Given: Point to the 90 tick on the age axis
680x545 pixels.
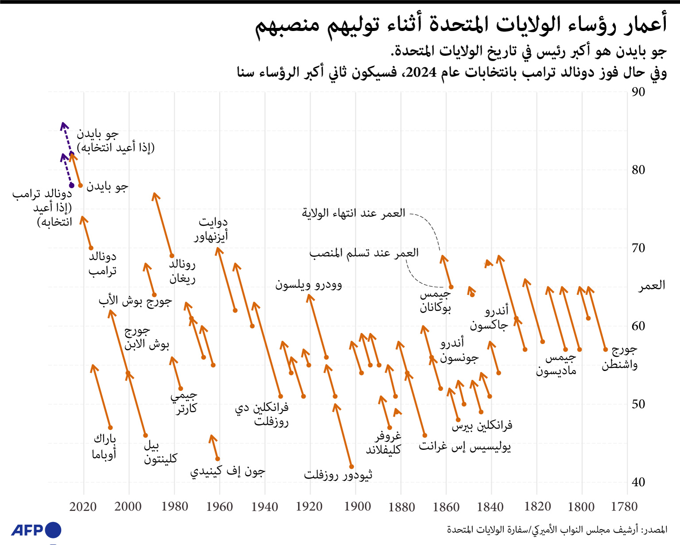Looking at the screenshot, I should pos(638,92).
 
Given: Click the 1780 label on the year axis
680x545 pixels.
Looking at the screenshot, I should pos(624,506).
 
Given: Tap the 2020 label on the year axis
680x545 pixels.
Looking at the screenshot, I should pos(83,506).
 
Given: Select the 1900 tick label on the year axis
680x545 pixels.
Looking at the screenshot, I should pos(357,506).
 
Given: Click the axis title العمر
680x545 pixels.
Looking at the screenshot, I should pos(652,286).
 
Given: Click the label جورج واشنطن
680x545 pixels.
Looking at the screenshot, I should pos(620,357).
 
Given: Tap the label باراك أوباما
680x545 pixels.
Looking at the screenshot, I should pos(104,446).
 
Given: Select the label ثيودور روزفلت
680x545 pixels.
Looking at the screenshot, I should pos(338,475).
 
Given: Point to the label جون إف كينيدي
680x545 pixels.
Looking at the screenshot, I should pos(228,472).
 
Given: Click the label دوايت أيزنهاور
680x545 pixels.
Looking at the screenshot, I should pos(211,229).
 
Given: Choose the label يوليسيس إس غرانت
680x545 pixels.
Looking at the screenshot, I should pos(465,446).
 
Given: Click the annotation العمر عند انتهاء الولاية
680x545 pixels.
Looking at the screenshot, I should pos(353,213).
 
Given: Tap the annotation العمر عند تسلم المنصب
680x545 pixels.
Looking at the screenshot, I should pos(363,253).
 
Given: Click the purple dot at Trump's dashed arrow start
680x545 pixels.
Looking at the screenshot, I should pos(72,185).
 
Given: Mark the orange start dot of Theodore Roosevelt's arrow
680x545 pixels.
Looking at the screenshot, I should pos(352,466).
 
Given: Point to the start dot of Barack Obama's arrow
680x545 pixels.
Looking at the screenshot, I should pos(110,428).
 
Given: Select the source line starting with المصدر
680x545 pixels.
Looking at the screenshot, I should pos(556,530).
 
